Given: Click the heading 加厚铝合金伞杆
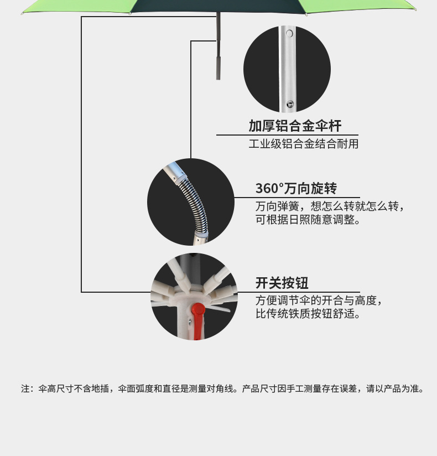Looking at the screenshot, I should pos(295,126).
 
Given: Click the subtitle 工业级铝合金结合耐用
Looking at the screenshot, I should pos(303,144).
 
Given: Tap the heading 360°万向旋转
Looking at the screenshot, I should pos(296,189).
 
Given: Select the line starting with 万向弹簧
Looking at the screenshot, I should pos(330,206).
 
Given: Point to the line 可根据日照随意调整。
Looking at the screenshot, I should pos(308,220).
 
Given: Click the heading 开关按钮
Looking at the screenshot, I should pos(282,283).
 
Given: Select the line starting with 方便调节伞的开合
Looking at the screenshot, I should pos(319,300).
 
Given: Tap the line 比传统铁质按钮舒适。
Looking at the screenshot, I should pos(308,314).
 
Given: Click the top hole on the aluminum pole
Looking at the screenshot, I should pos(289,34).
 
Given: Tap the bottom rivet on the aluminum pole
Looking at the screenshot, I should pos(289,103).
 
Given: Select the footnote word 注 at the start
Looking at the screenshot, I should pos(25,388).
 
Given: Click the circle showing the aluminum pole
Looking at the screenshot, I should pos(287,69).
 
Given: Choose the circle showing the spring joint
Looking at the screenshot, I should pos(190,202).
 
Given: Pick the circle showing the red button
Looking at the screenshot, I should pos(194,297).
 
